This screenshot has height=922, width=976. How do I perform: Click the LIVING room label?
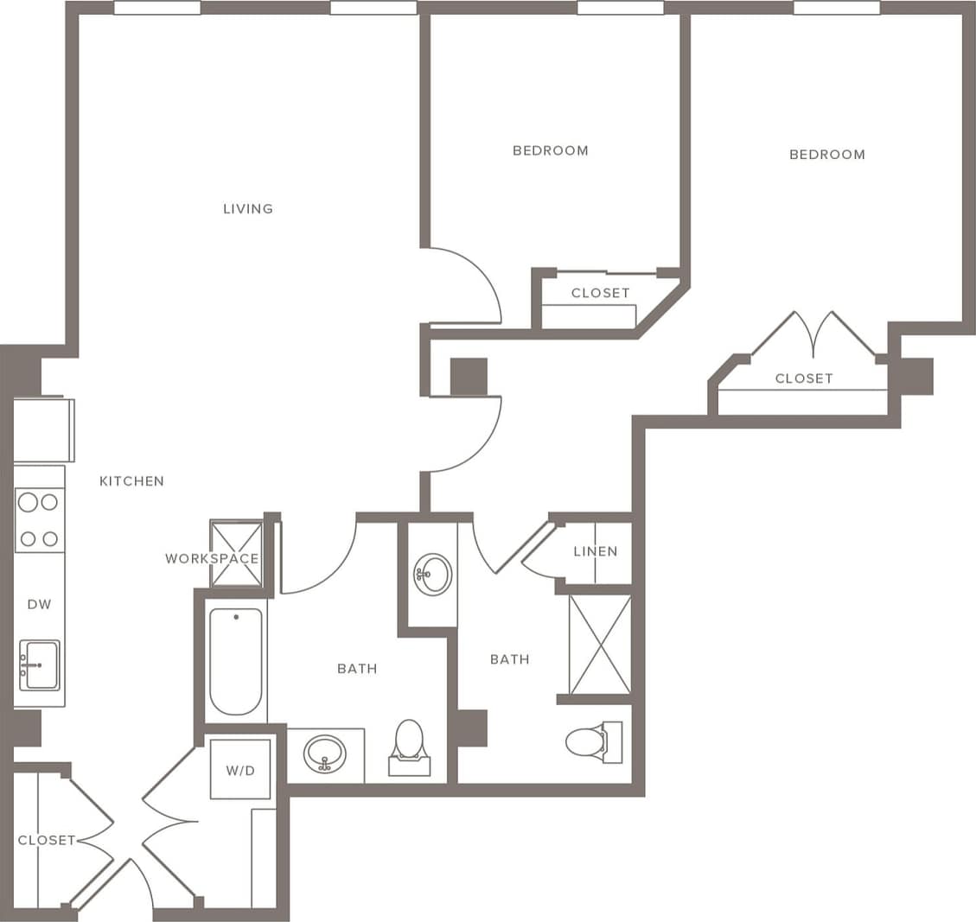tap(248, 208)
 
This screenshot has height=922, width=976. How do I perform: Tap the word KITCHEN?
tap(131, 481)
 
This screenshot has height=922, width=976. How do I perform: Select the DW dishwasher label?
tap(39, 605)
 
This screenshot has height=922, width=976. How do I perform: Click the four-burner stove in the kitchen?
tap(39, 520)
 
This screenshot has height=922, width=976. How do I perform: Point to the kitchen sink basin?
tap(40, 664)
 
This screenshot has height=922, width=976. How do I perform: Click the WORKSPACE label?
tap(212, 558)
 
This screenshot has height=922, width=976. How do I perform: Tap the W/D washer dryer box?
tap(240, 769)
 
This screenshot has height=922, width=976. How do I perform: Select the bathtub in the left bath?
tap(236, 661)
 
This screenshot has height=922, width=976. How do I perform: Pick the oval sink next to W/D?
tap(325, 754)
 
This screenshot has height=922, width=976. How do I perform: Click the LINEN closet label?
tap(596, 551)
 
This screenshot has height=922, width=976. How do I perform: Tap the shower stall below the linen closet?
tap(600, 644)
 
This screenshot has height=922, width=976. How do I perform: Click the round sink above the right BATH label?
tap(432, 574)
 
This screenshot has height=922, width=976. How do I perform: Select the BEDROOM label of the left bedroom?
tap(550, 150)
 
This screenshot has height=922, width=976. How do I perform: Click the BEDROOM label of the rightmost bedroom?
tap(826, 155)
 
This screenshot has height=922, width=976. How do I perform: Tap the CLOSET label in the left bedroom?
tap(600, 293)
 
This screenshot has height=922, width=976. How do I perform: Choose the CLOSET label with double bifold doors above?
tap(803, 378)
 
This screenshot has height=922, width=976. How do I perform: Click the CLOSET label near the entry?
tap(46, 840)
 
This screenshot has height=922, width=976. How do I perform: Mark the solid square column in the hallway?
tap(469, 377)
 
